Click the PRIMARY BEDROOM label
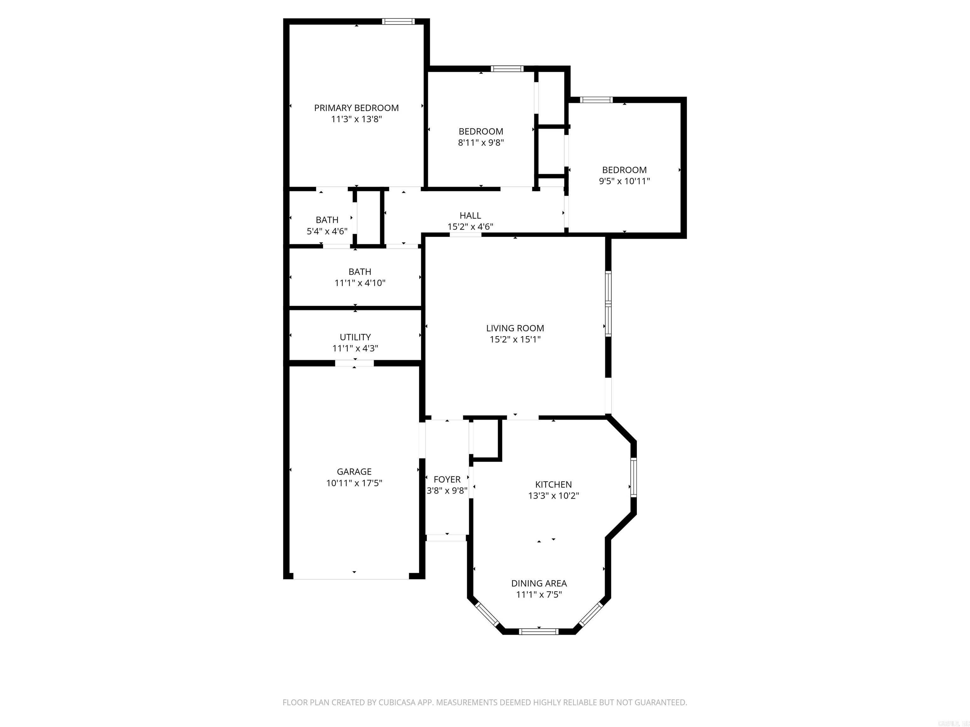[x=356, y=108]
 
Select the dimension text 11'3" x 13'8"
[x=356, y=119]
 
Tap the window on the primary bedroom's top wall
[x=398, y=21]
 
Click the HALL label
[x=470, y=216]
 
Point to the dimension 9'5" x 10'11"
[x=624, y=181]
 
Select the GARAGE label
[x=354, y=471]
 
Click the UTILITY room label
[x=355, y=337]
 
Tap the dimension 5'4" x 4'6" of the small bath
[x=327, y=231]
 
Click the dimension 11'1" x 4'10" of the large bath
[x=360, y=283]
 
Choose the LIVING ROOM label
[x=515, y=328]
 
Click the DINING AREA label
[x=538, y=583]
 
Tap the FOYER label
[x=447, y=479]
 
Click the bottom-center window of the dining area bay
[x=538, y=631]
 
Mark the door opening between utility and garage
[x=354, y=363]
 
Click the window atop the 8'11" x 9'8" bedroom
[x=507, y=69]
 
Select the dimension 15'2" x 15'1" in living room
[x=515, y=340]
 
